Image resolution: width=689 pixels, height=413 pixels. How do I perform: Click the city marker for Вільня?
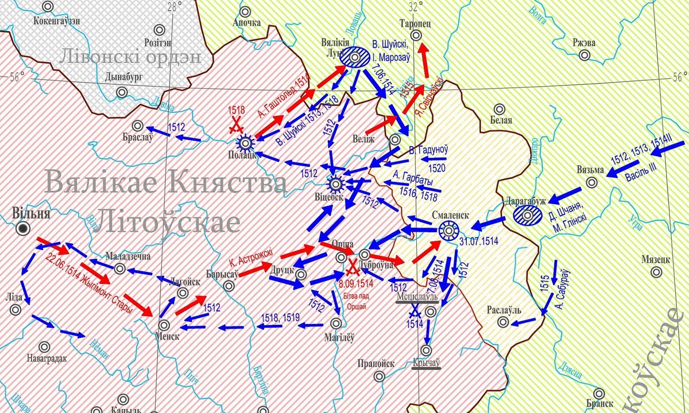24,229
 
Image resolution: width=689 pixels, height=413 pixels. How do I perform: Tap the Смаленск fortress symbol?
448,231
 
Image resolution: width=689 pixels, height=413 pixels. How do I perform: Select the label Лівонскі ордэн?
131,58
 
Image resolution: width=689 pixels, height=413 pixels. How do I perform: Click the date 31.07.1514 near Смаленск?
478,242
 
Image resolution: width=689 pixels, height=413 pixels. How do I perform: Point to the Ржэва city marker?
585,56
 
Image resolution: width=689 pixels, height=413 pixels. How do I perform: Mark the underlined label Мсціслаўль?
416,297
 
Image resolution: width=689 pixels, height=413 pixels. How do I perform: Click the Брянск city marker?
599,394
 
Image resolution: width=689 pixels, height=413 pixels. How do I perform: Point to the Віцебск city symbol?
336,184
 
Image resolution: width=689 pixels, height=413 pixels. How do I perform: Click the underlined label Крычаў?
426,363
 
